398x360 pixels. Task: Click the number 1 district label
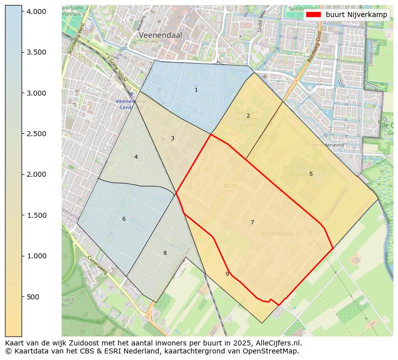click(196, 90)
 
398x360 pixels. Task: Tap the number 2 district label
click(248, 116)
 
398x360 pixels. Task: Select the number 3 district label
click(172, 138)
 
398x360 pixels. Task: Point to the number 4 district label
click(136, 157)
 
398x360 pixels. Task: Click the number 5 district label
click(311, 174)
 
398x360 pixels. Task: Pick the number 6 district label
click(124, 219)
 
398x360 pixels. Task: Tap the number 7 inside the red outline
click(252, 222)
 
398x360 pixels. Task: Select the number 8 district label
click(165, 253)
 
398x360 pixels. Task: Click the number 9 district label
click(227, 274)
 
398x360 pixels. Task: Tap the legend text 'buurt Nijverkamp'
click(356, 15)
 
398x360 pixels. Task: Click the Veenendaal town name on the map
click(161, 36)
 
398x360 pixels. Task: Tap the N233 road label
click(229, 186)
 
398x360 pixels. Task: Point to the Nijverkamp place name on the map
click(277, 234)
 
